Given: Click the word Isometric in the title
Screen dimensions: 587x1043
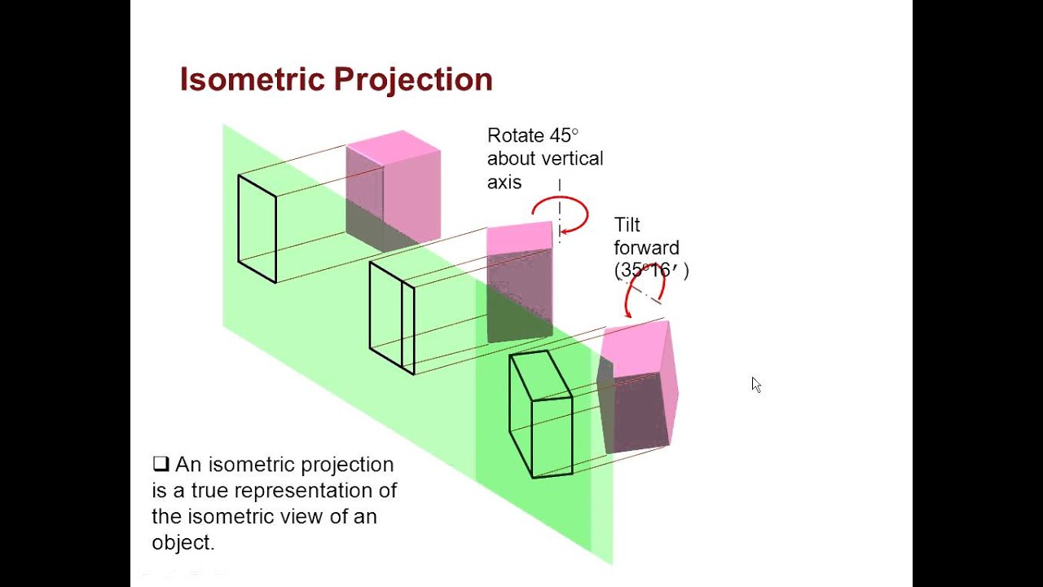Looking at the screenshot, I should tap(253, 80).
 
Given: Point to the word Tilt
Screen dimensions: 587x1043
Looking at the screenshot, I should tap(627, 224).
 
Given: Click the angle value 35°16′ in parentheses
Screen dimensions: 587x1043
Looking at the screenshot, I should tap(651, 271).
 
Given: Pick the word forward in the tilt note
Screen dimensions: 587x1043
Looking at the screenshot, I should tap(646, 248).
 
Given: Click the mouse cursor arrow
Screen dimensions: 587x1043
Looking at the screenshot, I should tap(755, 384).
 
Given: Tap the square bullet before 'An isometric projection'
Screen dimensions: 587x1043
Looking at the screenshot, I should tap(160, 464).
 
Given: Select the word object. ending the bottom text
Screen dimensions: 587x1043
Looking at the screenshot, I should tap(183, 542).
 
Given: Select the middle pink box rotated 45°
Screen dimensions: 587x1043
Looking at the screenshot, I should tap(519, 281).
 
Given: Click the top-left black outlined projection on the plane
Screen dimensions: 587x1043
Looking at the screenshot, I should tap(257, 229).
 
